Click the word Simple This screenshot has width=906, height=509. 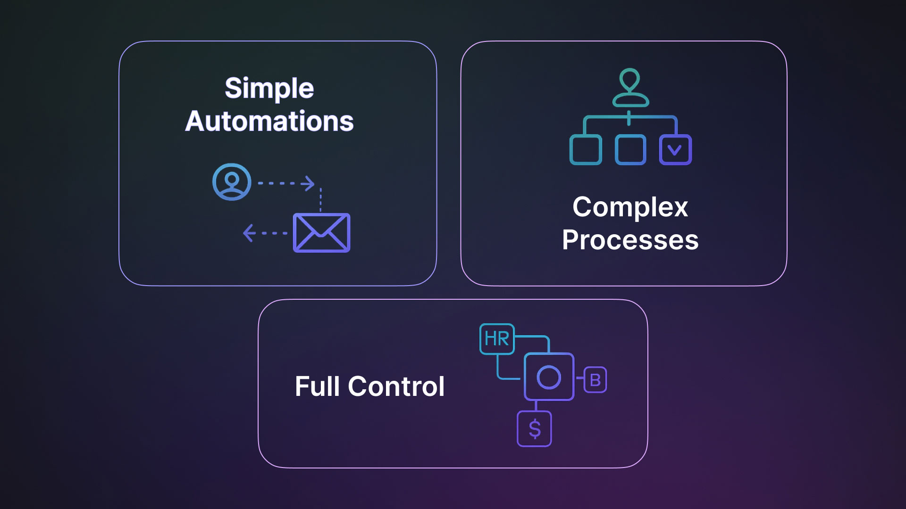(x=269, y=89)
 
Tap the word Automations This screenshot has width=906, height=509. (x=269, y=122)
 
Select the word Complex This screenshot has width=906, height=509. (x=630, y=207)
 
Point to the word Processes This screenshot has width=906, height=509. (x=630, y=240)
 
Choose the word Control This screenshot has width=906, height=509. (x=396, y=386)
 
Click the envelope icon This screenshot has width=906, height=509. (x=321, y=233)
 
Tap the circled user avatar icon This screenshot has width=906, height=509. (x=232, y=182)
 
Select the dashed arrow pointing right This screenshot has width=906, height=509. (x=286, y=183)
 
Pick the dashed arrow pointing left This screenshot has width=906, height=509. (x=265, y=233)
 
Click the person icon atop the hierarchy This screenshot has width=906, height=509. (x=630, y=88)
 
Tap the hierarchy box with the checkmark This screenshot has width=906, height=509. (x=675, y=150)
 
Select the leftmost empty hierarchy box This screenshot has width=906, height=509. (x=586, y=150)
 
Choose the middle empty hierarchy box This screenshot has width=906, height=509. (x=630, y=150)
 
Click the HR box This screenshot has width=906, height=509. (x=497, y=339)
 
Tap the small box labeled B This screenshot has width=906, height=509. (x=595, y=380)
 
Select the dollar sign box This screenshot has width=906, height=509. (x=534, y=429)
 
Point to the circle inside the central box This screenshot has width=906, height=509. (x=549, y=377)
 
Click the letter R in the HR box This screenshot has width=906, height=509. (x=503, y=339)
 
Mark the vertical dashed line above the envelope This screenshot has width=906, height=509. (x=321, y=200)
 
